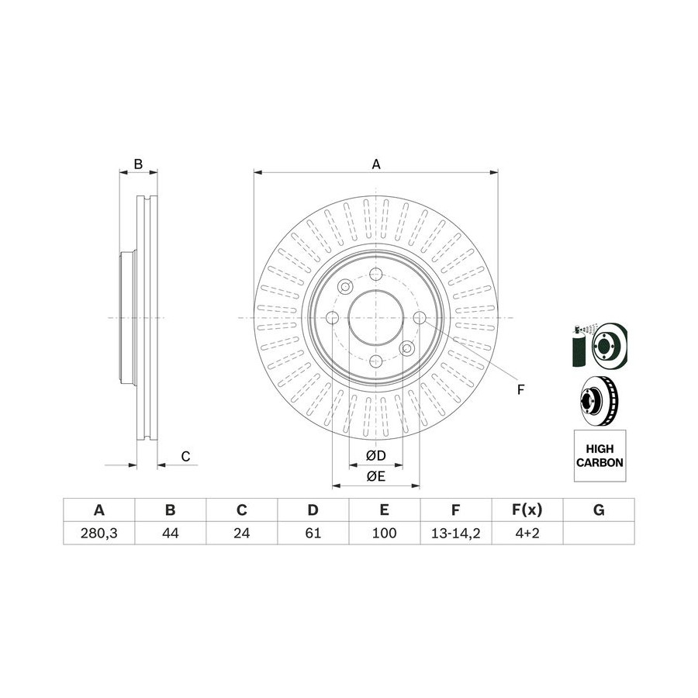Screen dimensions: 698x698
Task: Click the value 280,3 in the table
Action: (98, 533)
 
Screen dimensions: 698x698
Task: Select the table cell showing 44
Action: (171, 533)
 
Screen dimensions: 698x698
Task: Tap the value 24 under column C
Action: (242, 533)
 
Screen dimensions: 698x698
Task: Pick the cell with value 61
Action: (313, 533)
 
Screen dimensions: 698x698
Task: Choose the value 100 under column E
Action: (384, 533)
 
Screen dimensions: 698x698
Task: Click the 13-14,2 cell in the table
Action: (456, 533)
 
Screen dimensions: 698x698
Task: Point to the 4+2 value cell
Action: (527, 533)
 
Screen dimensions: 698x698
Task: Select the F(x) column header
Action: (527, 510)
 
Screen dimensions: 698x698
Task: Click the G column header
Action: (599, 510)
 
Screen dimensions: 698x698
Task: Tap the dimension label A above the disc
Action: (376, 164)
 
